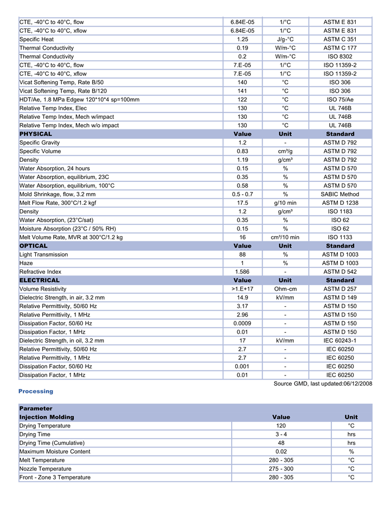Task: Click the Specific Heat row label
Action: click(x=37, y=40)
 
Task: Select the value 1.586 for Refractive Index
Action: click(x=242, y=272)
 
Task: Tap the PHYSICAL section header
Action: click(x=36, y=134)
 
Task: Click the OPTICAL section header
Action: click(x=34, y=246)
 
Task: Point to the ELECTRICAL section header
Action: click(x=39, y=280)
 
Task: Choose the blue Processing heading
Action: click(x=36, y=392)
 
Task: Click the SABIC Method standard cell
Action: click(x=340, y=194)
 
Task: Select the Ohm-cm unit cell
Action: click(x=285, y=289)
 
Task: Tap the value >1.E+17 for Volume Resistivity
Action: click(x=242, y=289)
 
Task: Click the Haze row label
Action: click(x=26, y=263)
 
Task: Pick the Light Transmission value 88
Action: click(x=242, y=254)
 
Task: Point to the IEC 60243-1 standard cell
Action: click(x=340, y=340)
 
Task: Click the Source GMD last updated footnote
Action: click(x=323, y=384)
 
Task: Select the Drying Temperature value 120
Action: click(x=281, y=426)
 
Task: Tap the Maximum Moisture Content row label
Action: click(x=55, y=451)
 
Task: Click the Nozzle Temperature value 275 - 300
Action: click(x=281, y=469)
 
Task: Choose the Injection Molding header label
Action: click(x=46, y=417)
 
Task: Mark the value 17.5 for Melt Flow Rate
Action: click(x=242, y=203)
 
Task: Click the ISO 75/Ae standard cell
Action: click(x=340, y=99)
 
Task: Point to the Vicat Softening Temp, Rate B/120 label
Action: click(x=63, y=91)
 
